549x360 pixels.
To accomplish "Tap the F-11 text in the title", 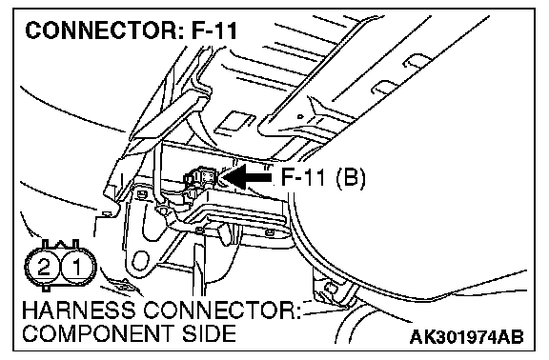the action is pos(214,30).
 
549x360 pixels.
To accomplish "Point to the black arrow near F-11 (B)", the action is pos(247,177).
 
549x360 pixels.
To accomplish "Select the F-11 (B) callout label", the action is pos(323,178).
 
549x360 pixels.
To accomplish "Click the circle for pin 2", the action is pos(44,267).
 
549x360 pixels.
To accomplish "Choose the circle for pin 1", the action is pos(77,267).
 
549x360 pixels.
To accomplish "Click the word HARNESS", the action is pos(78,310).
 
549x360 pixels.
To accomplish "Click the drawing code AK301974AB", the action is pos(466,337).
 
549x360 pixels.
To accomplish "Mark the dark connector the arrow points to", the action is pos(201,177).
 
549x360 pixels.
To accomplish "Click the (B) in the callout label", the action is pos(351,178).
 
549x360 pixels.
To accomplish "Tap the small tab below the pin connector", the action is pos(46,289).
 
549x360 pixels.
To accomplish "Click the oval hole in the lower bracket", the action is pos(141,261).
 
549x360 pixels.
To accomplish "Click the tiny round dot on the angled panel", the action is pos(299,116).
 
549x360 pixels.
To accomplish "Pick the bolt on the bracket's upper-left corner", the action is pos(142,193).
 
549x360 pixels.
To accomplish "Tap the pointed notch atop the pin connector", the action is pos(60,244).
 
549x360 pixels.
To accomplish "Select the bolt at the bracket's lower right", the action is pos(269,232).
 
